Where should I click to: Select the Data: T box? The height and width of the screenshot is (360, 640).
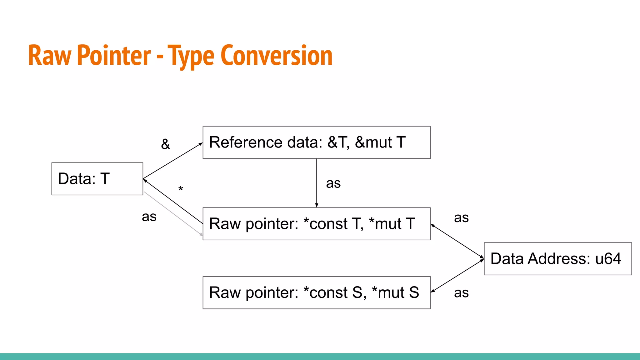click(97, 179)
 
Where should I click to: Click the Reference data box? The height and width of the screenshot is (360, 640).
click(316, 142)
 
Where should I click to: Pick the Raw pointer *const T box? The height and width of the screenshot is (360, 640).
click(316, 224)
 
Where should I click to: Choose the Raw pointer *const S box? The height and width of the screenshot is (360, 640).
click(316, 292)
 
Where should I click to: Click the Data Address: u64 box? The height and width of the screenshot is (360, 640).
click(557, 259)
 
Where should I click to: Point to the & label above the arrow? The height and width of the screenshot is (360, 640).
click(165, 144)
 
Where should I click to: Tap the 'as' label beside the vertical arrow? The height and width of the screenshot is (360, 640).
click(333, 183)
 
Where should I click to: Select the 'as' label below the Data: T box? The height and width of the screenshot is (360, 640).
click(149, 217)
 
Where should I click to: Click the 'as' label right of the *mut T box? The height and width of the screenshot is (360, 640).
click(461, 218)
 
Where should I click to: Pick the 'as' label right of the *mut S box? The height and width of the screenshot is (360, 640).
click(461, 293)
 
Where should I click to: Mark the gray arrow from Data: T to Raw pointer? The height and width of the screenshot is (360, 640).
click(173, 214)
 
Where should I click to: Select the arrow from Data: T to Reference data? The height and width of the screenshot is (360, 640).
click(173, 161)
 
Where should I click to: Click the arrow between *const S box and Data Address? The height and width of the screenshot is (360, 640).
click(457, 276)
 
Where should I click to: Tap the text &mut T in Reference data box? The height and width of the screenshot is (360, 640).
click(380, 142)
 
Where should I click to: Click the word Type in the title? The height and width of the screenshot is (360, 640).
click(191, 56)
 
